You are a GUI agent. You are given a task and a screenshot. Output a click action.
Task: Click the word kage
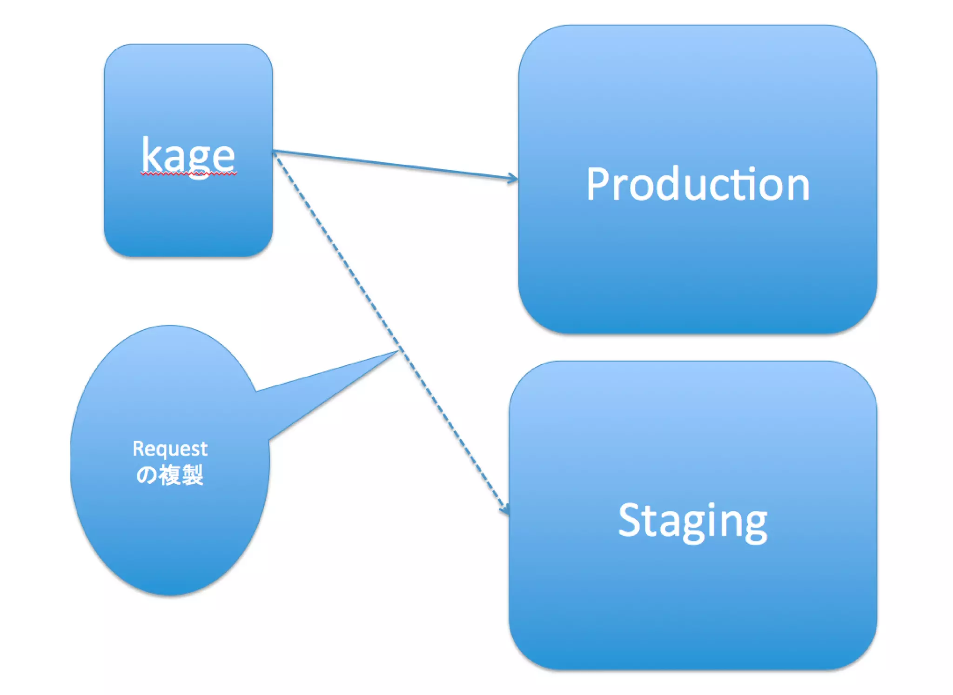coord(188,156)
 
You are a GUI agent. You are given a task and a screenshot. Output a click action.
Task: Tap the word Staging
coord(692,521)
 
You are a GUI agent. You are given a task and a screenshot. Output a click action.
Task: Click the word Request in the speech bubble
coord(170,449)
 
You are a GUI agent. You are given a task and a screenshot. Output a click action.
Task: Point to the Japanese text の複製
coord(170,475)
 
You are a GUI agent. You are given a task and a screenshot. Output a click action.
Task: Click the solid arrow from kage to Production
coord(396,165)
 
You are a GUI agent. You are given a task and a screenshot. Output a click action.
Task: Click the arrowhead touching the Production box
coord(513,178)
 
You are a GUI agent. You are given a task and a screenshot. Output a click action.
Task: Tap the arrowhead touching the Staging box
coord(505,509)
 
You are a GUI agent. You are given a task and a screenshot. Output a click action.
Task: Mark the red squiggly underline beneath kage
coord(188,174)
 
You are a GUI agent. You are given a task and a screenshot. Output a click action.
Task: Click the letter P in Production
coord(597,184)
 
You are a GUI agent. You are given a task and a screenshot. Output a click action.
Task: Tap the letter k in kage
coord(151,154)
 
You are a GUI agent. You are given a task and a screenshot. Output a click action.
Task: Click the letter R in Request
coord(138,448)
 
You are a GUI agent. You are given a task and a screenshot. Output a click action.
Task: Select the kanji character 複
coord(169,475)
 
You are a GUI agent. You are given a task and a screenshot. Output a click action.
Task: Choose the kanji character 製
coord(192,475)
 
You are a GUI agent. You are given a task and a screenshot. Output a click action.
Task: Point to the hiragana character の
coord(147,475)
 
